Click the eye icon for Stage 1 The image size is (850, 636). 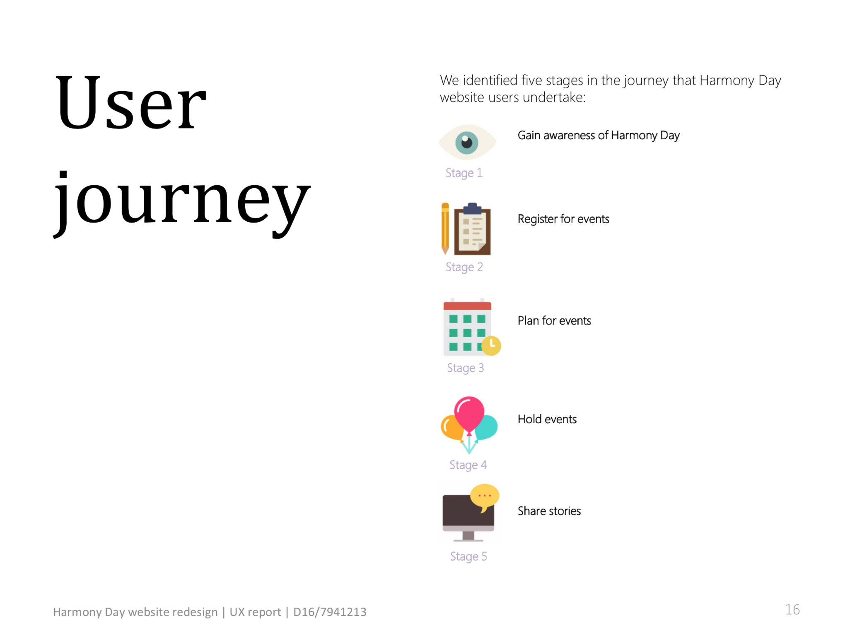point(467,142)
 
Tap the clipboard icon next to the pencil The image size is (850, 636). point(472,229)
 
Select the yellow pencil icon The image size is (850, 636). point(445,228)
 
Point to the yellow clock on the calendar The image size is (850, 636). point(491,346)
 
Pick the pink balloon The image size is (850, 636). point(469,415)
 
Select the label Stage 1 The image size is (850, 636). point(464,173)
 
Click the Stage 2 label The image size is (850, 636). point(464,267)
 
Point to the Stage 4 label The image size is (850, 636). point(468,465)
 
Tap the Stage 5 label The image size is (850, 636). point(468,556)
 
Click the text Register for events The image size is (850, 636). point(563,219)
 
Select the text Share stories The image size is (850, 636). point(549,511)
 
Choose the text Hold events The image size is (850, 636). point(547,419)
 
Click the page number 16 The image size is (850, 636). point(792,609)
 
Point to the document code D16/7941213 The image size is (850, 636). point(330,612)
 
